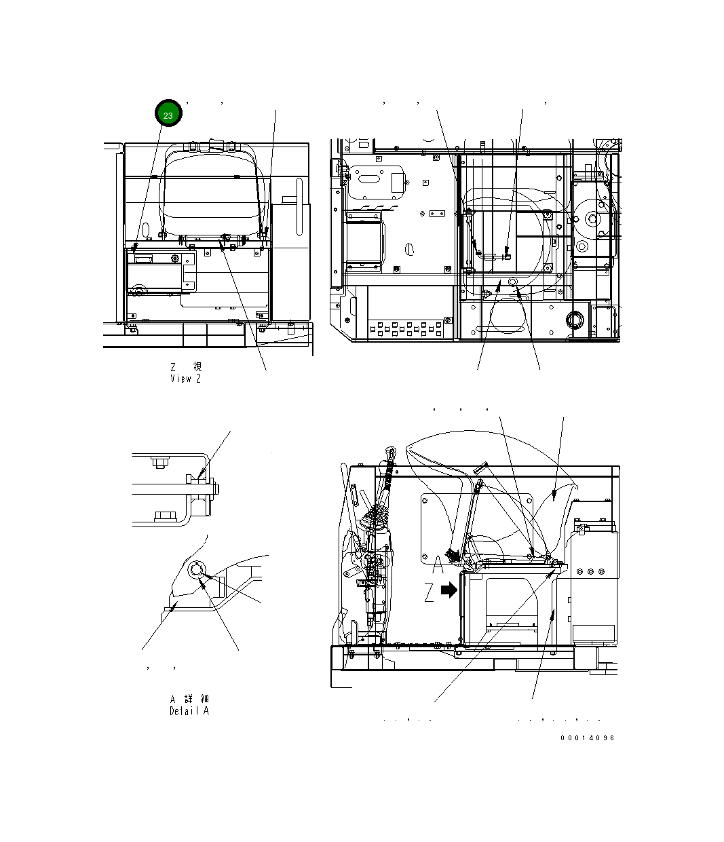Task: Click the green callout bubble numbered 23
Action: click(168, 114)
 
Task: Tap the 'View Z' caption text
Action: click(185, 379)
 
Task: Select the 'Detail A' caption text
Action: click(189, 711)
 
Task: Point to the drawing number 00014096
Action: click(588, 738)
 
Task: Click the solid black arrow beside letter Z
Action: click(449, 590)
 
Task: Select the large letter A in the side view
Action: click(438, 564)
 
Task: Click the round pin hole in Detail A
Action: click(197, 570)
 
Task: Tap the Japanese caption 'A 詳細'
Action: click(189, 699)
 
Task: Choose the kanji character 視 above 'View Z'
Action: click(197, 366)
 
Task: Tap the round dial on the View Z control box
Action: click(176, 259)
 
